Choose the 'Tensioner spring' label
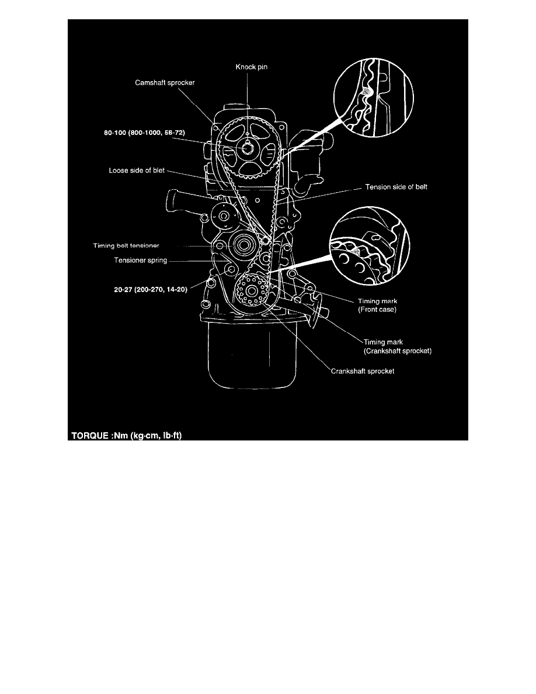click(140, 261)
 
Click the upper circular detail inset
click(373, 98)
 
